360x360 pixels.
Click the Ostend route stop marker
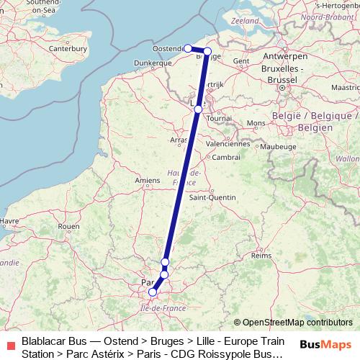point(188,48)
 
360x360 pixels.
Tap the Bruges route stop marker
point(207,51)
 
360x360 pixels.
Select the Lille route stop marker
point(198,109)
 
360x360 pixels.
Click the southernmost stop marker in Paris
point(153,292)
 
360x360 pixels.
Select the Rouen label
point(68,226)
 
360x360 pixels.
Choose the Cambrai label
point(226,156)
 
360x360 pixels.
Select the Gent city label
point(241,61)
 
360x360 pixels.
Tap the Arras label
point(178,140)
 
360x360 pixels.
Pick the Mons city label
point(256,123)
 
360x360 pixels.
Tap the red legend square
point(9,341)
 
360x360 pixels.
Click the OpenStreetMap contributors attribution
point(297,323)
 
